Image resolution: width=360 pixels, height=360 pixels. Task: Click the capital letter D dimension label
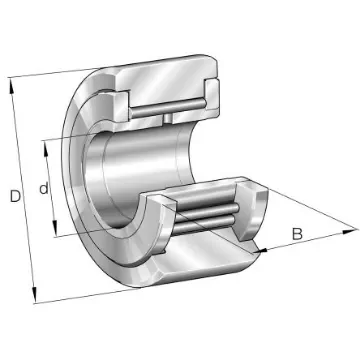[x=15, y=196]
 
